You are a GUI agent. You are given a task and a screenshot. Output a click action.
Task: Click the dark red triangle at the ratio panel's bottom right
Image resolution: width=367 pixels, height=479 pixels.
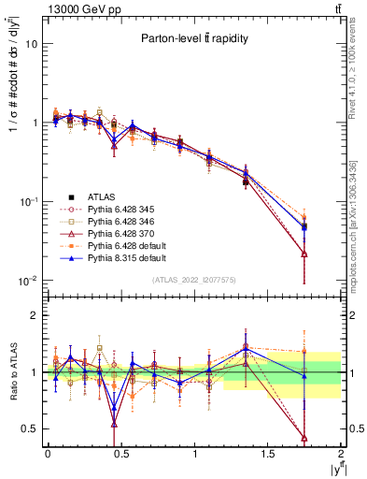(304, 437)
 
